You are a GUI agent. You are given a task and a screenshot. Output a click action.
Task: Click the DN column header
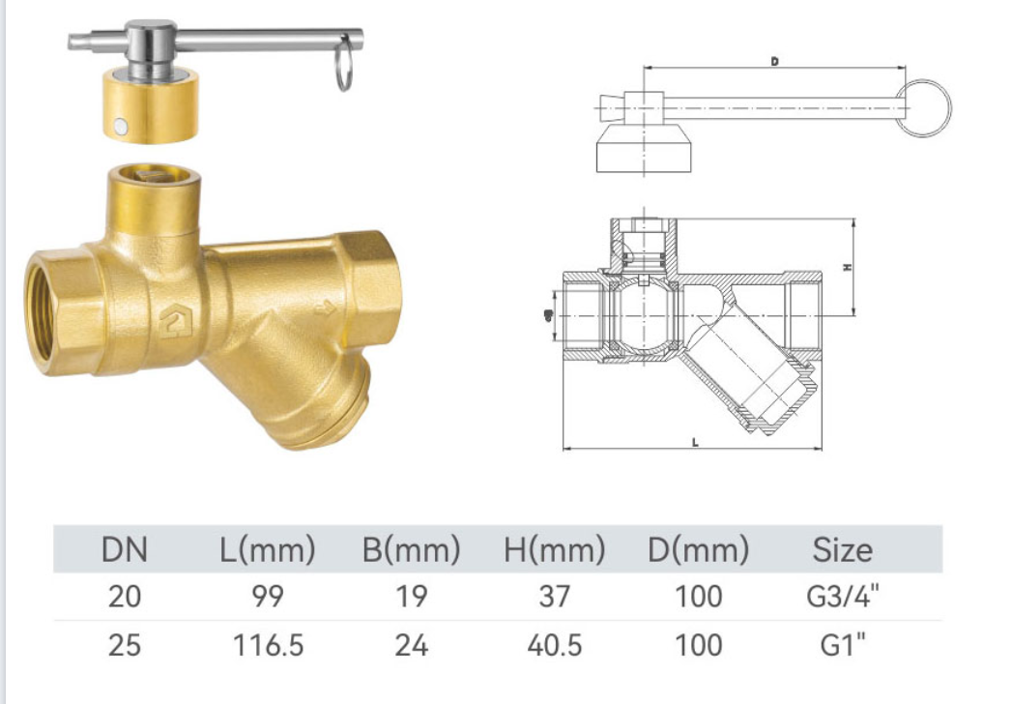pyautogui.click(x=125, y=549)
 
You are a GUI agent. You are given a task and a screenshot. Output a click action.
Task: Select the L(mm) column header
pyautogui.click(x=268, y=550)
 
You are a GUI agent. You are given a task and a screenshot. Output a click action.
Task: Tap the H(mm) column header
pyautogui.click(x=555, y=550)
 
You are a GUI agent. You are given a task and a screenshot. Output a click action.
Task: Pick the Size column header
pyautogui.click(x=842, y=550)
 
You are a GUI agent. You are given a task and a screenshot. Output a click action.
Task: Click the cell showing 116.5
pyautogui.click(x=268, y=645)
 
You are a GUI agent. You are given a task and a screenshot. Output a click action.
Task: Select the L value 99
pyautogui.click(x=268, y=596)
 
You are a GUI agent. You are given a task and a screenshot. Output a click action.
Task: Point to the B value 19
pyautogui.click(x=411, y=596)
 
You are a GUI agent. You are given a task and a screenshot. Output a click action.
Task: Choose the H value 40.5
pyautogui.click(x=555, y=645)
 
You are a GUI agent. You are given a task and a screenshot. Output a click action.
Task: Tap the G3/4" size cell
pyautogui.click(x=842, y=596)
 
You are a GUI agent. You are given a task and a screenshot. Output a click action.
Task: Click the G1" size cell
pyautogui.click(x=842, y=645)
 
